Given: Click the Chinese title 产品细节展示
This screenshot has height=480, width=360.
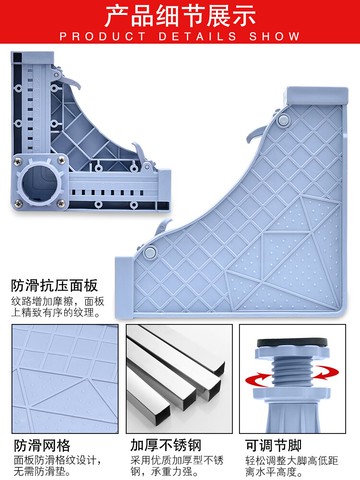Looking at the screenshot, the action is coord(180,16).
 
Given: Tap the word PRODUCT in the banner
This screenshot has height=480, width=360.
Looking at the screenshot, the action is coord(103,36).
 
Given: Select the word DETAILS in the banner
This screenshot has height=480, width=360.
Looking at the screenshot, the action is coord(198,36).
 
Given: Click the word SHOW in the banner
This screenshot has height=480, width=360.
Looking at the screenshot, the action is coord(274,36).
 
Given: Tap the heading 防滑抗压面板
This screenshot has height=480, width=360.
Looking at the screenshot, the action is coord(54,286).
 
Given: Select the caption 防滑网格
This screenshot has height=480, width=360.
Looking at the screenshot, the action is coord(42,446).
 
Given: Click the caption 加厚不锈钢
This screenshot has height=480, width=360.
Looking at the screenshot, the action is coord(166,446).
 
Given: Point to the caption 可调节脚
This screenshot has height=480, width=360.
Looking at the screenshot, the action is coord(273,446).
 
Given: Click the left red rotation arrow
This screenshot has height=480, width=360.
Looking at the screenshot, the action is coord(257,380).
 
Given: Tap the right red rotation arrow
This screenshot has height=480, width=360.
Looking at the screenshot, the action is coord(327,372).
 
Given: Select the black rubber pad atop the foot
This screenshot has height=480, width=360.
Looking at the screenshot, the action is coord(292,342).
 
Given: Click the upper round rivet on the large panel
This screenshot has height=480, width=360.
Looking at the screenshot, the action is coord(284,120).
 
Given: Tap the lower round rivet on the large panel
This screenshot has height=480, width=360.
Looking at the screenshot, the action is coord(150,252).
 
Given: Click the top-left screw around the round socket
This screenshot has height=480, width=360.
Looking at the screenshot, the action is coord(18,162).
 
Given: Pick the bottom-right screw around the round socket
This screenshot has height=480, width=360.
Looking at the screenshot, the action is coord(61,203).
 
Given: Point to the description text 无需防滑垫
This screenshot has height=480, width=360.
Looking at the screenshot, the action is coord(43,471).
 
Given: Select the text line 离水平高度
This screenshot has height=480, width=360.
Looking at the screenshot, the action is coord(275,471).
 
